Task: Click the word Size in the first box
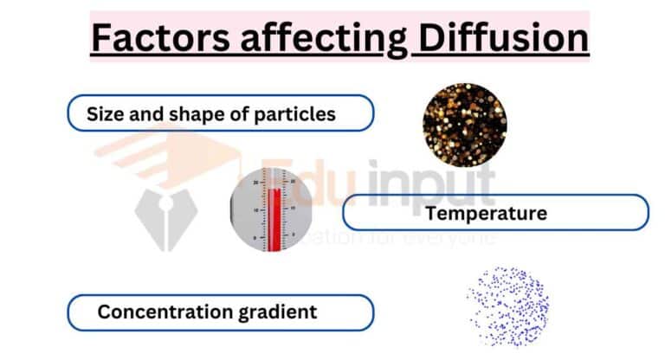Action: pos(104,113)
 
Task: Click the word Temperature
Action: pos(487,213)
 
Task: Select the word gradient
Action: pos(276,312)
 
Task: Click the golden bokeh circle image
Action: pos(465,123)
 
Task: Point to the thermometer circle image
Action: pos(269,211)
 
